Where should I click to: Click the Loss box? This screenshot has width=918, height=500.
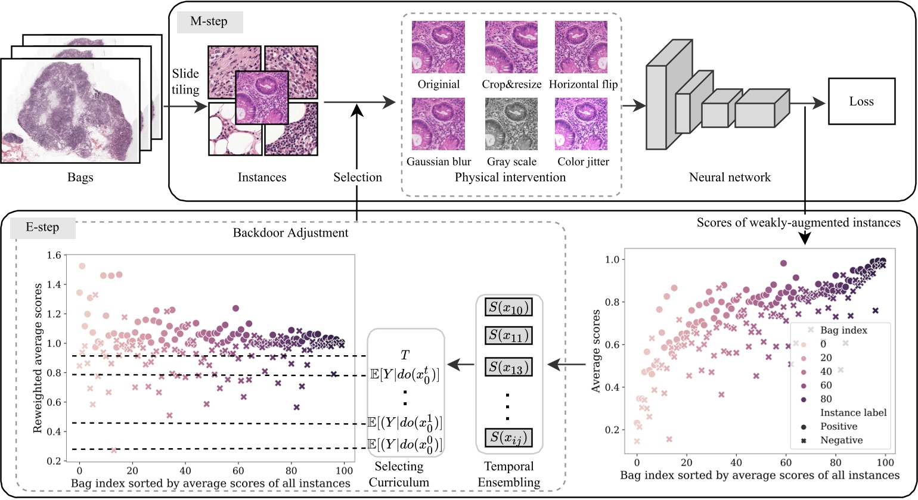tap(861, 101)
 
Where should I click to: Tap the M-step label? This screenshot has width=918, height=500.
tap(209, 22)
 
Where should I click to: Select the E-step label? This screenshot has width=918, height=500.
tap(43, 227)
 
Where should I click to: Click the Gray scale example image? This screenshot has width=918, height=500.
tap(511, 124)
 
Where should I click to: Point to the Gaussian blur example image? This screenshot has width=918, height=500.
tap(438, 124)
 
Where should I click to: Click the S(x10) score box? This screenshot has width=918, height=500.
tap(508, 308)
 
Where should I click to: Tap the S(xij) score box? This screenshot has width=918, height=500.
tap(508, 438)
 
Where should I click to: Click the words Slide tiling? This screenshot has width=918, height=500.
tap(185, 82)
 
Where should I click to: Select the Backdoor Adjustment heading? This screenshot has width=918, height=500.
tap(290, 232)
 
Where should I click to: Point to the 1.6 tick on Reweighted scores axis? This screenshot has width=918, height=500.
tap(54, 255)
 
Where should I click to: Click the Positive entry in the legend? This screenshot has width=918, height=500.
tap(838, 427)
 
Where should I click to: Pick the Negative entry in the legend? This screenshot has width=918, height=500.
tap(841, 440)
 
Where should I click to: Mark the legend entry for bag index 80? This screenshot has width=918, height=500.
tap(826, 399)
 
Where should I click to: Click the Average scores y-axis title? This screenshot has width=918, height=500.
tap(596, 350)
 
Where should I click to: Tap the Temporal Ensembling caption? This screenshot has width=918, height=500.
tap(508, 474)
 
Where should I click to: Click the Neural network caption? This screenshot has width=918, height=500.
tap(730, 177)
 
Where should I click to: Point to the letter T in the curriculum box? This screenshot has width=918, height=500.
tap(405, 356)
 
